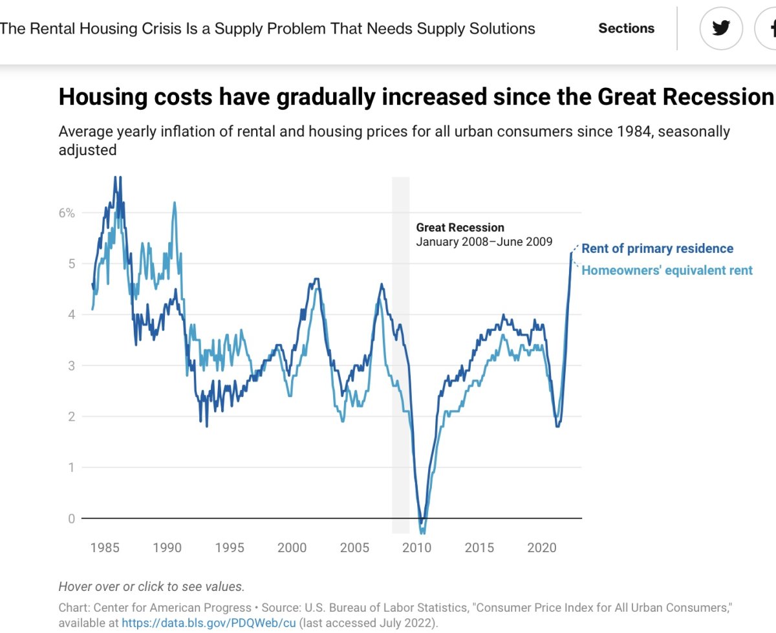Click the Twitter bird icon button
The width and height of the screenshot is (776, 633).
tap(720, 28)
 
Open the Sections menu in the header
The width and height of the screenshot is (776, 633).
tap(626, 28)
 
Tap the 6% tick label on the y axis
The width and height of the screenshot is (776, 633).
tap(67, 213)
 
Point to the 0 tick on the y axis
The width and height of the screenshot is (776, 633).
tap(71, 519)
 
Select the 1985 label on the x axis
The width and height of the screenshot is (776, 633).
tap(105, 548)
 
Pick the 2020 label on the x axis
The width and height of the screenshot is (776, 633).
tap(542, 548)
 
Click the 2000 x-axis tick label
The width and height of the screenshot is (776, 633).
tap(292, 548)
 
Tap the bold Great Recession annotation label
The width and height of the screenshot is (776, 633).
tap(460, 228)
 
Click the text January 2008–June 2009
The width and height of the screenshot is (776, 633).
tap(484, 242)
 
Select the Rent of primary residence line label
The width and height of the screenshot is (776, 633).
tap(657, 249)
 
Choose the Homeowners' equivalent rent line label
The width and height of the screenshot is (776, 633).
tap(667, 270)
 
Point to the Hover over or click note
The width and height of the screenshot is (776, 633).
tap(151, 587)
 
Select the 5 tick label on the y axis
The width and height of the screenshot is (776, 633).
tap(71, 264)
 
